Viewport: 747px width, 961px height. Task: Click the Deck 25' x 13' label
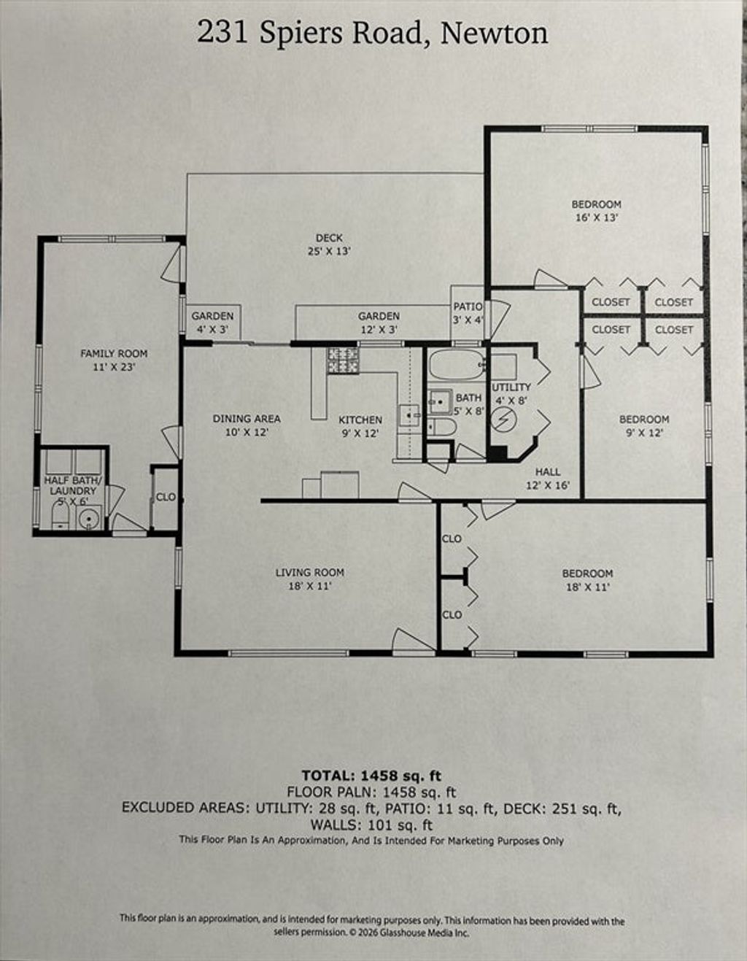329,244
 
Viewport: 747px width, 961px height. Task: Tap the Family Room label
114,360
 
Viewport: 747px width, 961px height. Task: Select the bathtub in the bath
457,364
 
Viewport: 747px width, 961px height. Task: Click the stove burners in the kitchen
343,359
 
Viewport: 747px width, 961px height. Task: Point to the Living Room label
310,579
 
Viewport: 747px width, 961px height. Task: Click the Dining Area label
247,425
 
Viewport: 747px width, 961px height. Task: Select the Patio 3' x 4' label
468,312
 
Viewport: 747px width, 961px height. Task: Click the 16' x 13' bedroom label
596,211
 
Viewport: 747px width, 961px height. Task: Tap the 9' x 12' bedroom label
644,425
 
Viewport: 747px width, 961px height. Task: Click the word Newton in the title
494,33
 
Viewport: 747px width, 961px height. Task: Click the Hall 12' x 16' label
548,478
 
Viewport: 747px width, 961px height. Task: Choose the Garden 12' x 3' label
379,323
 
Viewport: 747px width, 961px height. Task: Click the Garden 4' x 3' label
212,323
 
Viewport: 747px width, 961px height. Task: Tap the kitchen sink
409,415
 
